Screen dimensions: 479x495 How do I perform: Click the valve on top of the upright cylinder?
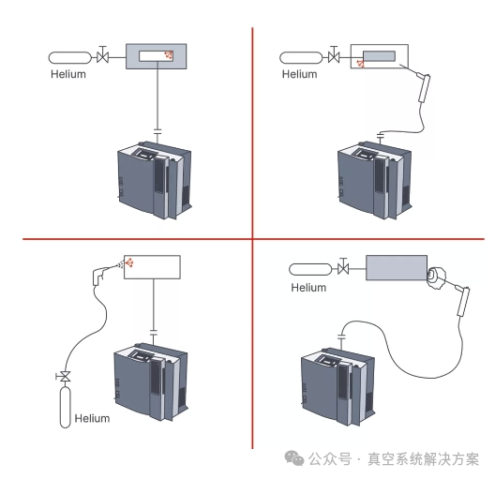[x=66, y=376]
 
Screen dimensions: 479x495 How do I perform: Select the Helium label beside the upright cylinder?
[x=92, y=418]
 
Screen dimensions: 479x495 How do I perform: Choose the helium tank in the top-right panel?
[x=298, y=58]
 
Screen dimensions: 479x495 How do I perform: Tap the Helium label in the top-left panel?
[x=68, y=74]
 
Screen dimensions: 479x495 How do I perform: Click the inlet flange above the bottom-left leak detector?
[x=154, y=333]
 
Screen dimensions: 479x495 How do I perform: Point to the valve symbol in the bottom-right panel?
[x=343, y=270]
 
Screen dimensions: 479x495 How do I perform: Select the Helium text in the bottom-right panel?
[x=308, y=287]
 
